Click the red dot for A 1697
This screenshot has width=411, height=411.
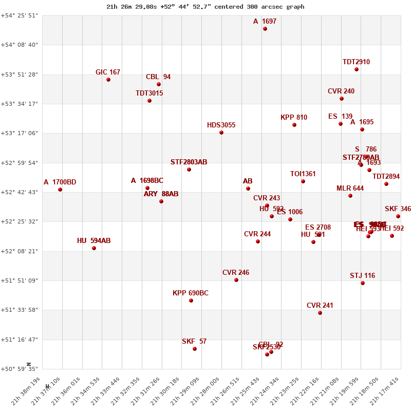tap(265, 29)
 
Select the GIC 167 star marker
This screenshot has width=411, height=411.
tap(108, 80)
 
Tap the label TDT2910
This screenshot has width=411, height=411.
tap(356, 62)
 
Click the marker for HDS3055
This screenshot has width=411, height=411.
tap(221, 133)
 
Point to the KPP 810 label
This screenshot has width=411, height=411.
tap(294, 118)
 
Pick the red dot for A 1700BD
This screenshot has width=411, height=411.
tap(60, 190)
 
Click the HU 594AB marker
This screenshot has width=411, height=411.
tap(94, 248)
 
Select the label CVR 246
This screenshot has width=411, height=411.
tap(236, 273)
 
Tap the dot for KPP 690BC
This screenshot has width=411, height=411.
tap(191, 301)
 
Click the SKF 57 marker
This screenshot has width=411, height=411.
tap(195, 349)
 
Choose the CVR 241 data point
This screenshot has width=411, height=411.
tap(320, 313)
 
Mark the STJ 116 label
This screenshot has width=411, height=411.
tap(363, 276)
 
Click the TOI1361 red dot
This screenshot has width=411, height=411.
tap(303, 181)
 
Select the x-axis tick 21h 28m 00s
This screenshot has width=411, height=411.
tap(208, 390)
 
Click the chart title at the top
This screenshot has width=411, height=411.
tap(206, 7)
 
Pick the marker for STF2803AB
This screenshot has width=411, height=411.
tap(189, 170)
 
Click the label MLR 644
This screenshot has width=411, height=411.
tap(350, 189)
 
